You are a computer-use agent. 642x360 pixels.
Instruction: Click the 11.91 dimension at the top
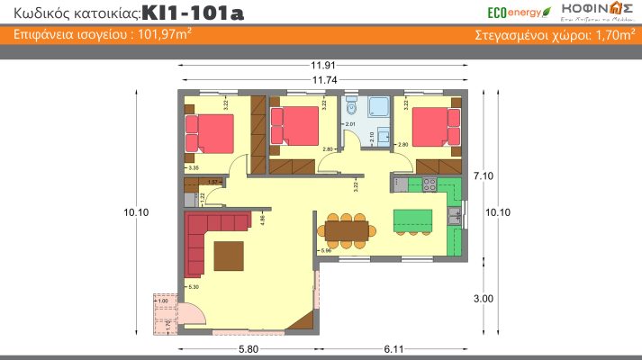coord(324,65)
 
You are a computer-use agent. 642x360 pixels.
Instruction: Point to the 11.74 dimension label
coord(324,80)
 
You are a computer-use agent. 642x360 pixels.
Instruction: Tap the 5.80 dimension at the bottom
coord(245,347)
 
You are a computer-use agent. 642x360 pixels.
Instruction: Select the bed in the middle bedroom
coord(297,125)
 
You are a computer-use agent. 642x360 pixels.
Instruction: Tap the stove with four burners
coord(430,184)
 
